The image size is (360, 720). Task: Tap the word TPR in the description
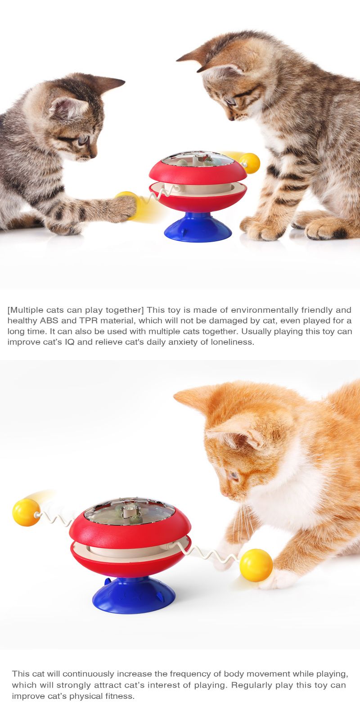pos(88,320)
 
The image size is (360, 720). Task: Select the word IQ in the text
pos(69,342)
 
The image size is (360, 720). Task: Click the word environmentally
pos(265,310)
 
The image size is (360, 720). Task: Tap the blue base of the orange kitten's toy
pos(134,595)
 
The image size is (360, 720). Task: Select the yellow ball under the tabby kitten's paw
pos(127,205)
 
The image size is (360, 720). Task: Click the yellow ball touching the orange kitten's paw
pos(256,565)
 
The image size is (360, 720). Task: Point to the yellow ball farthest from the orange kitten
pos(27,513)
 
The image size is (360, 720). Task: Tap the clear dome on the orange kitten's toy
pos(130,511)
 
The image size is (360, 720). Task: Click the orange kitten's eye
pos(233,475)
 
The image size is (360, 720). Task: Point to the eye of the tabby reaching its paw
pos(83,140)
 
